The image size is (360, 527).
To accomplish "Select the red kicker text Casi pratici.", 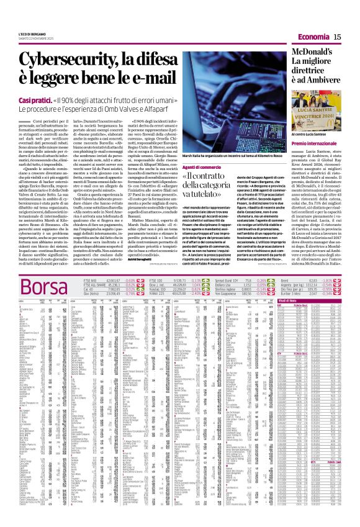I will pos(35,100).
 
